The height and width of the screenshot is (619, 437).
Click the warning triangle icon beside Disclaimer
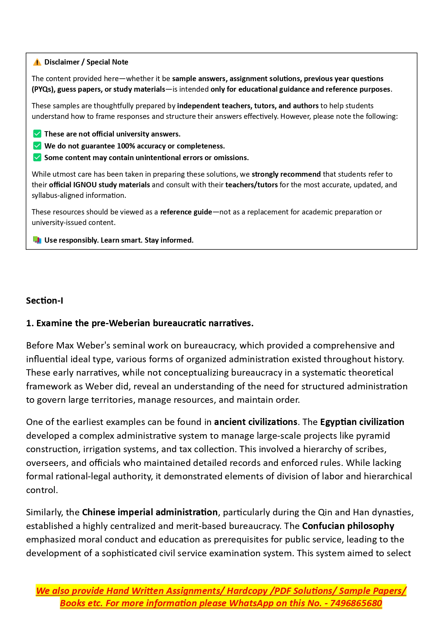[37, 62]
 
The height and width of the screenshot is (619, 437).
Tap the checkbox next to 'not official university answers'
[37, 134]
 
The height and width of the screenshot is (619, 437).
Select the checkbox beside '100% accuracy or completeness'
[37, 146]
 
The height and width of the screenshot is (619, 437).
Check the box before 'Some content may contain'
[37, 157]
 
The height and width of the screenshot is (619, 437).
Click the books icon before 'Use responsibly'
[37, 240]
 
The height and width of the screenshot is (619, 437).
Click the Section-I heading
[45, 301]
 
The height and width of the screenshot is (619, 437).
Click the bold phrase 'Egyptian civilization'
[362, 422]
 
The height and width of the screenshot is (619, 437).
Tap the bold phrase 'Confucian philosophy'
[348, 526]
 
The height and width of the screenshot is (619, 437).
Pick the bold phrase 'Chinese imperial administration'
[150, 512]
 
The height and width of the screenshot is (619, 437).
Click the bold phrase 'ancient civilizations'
[256, 422]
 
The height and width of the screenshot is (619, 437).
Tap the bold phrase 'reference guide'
[186, 212]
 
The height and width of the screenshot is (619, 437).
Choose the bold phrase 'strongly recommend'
[286, 174]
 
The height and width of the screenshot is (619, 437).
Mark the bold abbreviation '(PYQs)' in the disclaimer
[43, 89]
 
